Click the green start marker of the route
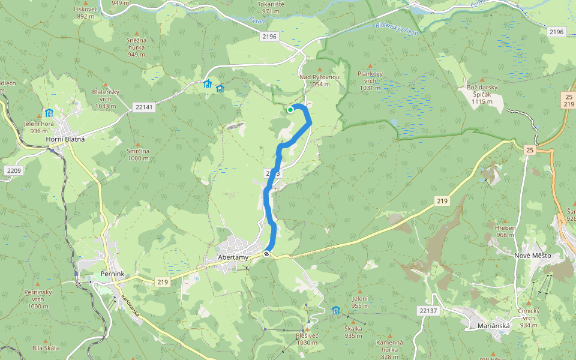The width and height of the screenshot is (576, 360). [x=290, y=110]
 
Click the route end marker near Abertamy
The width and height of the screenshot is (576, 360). [x=266, y=254]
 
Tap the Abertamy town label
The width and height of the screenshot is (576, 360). [x=233, y=258]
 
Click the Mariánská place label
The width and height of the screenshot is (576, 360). [x=493, y=326]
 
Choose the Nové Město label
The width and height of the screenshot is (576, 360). [x=532, y=256]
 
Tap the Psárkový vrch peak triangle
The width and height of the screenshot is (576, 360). [x=370, y=65]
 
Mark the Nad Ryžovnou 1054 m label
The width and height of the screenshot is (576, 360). [x=320, y=80]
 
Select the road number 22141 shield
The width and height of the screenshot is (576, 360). [x=145, y=107]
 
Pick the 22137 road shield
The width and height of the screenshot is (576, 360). [x=429, y=310]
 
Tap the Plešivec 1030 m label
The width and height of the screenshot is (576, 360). [x=306, y=339]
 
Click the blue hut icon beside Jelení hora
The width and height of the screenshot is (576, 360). [x=49, y=113]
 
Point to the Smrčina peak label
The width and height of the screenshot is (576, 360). [x=137, y=155]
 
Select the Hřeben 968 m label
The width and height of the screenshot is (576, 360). [x=505, y=231]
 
